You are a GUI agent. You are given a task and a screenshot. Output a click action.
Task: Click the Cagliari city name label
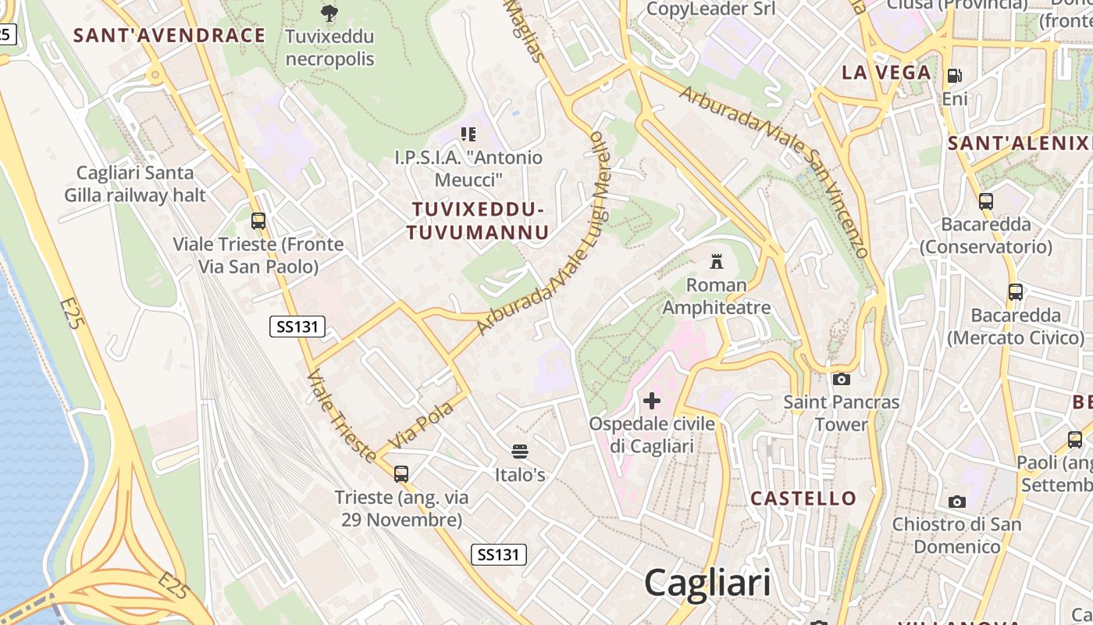(707, 583)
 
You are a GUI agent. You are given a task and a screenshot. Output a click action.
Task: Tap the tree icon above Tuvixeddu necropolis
(329, 12)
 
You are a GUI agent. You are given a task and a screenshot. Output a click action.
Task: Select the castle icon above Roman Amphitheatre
(716, 262)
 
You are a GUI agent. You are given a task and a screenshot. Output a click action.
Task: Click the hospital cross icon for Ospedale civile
(651, 402)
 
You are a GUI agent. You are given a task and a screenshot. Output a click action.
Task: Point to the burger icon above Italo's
(520, 452)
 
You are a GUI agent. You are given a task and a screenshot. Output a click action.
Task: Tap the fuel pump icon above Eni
(954, 76)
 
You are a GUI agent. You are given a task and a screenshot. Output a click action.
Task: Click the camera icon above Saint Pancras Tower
(841, 379)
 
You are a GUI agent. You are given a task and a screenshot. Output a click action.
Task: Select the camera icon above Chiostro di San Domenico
(956, 501)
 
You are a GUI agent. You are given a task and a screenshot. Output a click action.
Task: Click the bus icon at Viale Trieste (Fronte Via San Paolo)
(258, 221)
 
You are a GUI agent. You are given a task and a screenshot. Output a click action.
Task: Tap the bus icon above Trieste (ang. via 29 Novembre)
(401, 473)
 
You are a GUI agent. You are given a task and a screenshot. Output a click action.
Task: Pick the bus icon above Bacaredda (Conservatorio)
(985, 202)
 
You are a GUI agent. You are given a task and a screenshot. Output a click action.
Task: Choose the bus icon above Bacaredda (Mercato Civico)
(1015, 292)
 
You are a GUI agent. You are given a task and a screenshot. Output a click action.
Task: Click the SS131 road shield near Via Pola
(297, 327)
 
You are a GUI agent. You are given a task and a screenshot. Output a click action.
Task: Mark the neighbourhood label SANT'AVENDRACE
(169, 35)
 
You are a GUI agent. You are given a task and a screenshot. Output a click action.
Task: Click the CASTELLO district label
(803, 498)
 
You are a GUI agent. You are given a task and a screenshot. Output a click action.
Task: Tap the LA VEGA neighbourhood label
(886, 73)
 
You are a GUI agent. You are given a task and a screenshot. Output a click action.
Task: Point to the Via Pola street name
(421, 426)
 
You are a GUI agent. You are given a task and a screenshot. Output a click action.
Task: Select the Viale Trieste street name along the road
(341, 416)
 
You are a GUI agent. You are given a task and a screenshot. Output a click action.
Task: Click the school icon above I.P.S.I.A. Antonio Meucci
(468, 134)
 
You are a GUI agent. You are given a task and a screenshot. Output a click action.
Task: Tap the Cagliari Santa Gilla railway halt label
(141, 184)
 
